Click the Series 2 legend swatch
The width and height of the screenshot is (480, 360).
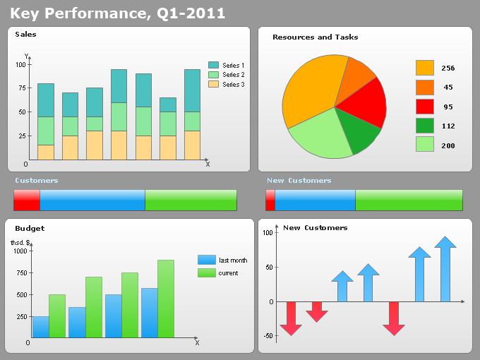click(213, 75)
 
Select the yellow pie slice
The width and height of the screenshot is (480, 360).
click(311, 88)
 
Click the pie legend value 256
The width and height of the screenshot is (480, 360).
click(448, 68)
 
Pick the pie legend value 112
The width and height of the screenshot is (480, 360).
click(448, 126)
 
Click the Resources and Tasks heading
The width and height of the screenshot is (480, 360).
click(315, 37)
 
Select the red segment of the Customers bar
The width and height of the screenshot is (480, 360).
click(27, 200)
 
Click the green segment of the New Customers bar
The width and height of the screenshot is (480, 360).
click(409, 200)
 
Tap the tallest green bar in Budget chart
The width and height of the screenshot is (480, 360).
click(166, 299)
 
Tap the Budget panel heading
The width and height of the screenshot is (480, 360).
click(30, 229)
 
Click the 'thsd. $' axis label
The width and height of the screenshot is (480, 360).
click(20, 243)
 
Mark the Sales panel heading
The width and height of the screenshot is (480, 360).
click(25, 35)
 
